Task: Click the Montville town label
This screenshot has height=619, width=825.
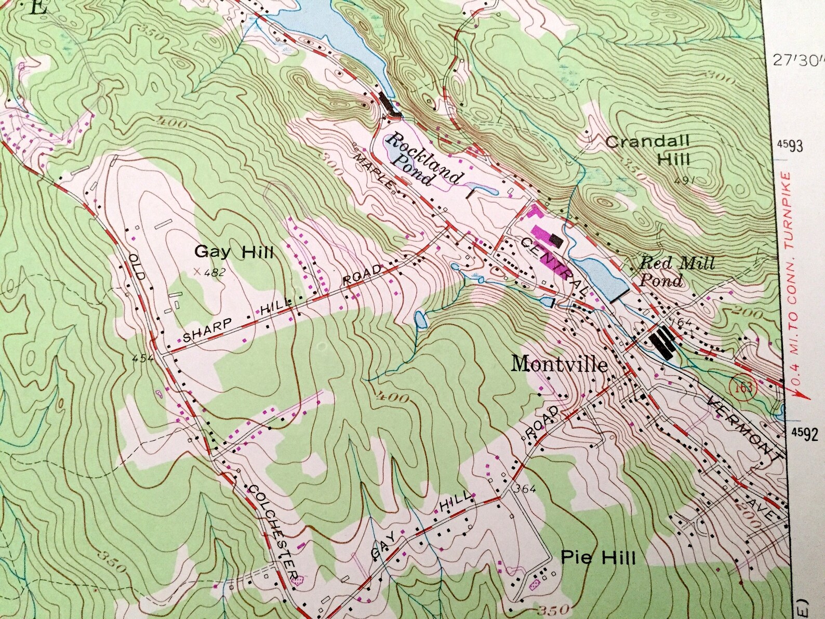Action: coord(559,364)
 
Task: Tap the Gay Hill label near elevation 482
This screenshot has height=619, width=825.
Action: coord(234,253)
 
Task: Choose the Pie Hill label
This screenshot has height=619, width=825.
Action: coord(598,559)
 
